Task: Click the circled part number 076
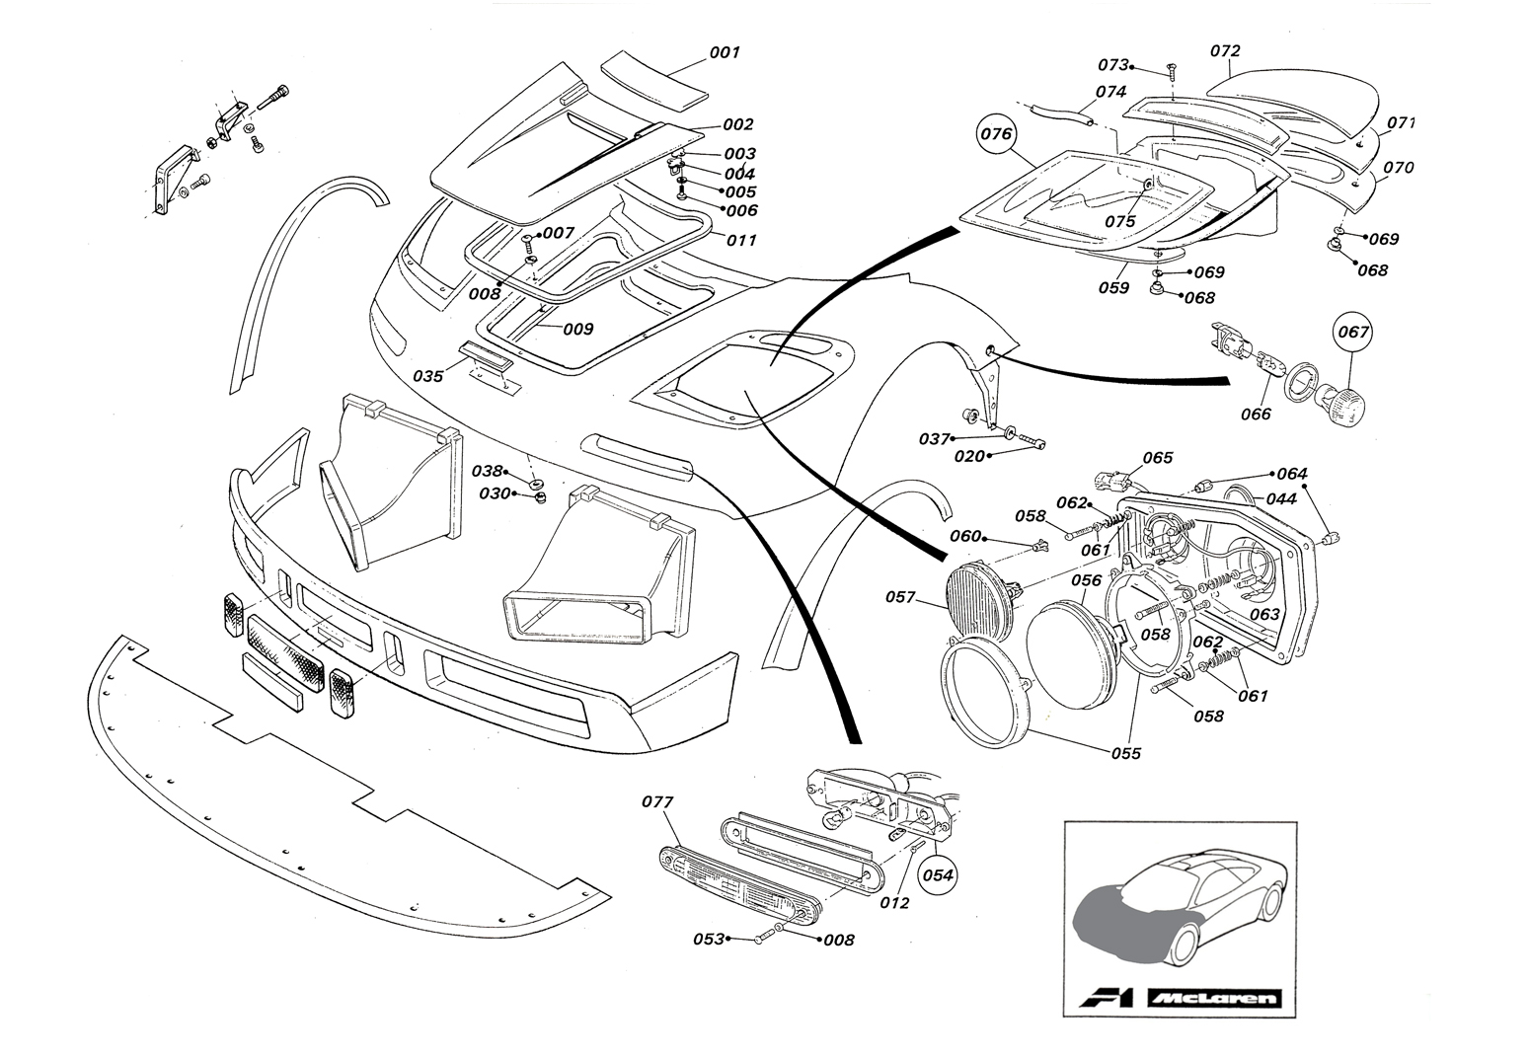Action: (995, 134)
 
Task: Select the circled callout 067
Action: (1353, 332)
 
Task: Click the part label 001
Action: (724, 52)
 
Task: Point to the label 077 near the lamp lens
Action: (657, 802)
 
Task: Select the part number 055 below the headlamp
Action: (1124, 753)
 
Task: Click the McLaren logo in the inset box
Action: (1213, 998)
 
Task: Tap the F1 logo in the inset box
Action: (1108, 998)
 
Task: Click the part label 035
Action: (427, 376)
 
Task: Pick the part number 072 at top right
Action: (1225, 50)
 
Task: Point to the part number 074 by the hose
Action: (1110, 91)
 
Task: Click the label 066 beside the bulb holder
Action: (1256, 414)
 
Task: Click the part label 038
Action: (487, 471)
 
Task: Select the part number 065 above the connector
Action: (1157, 458)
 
